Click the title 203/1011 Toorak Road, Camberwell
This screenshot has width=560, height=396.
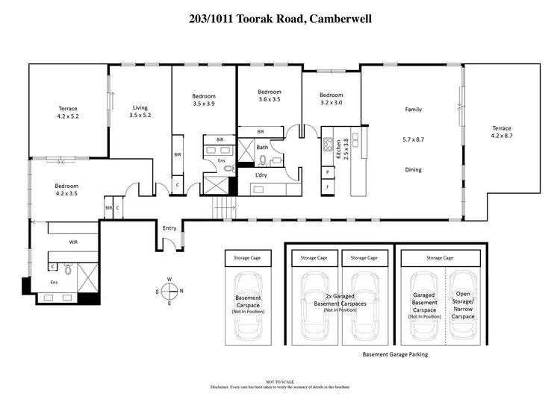pyautogui.click(x=280, y=19)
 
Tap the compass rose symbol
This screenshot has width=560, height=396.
pyautogui.click(x=169, y=291)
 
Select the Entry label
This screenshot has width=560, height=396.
pyautogui.click(x=169, y=228)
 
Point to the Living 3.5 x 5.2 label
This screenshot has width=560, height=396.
pyautogui.click(x=140, y=111)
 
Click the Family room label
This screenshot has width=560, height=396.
pyautogui.click(x=413, y=110)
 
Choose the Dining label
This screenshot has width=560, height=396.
pyautogui.click(x=413, y=170)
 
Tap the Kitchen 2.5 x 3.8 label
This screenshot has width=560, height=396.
pyautogui.click(x=341, y=148)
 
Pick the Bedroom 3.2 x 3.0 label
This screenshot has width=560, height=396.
pyautogui.click(x=331, y=99)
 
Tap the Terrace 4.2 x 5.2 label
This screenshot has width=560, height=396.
pyautogui.click(x=67, y=112)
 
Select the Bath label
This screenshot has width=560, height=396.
pyautogui.click(x=262, y=148)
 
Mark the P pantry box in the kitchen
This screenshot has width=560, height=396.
pyautogui.click(x=328, y=172)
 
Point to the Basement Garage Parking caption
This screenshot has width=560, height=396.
pyautogui.click(x=395, y=355)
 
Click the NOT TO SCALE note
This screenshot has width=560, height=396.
pyautogui.click(x=281, y=381)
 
